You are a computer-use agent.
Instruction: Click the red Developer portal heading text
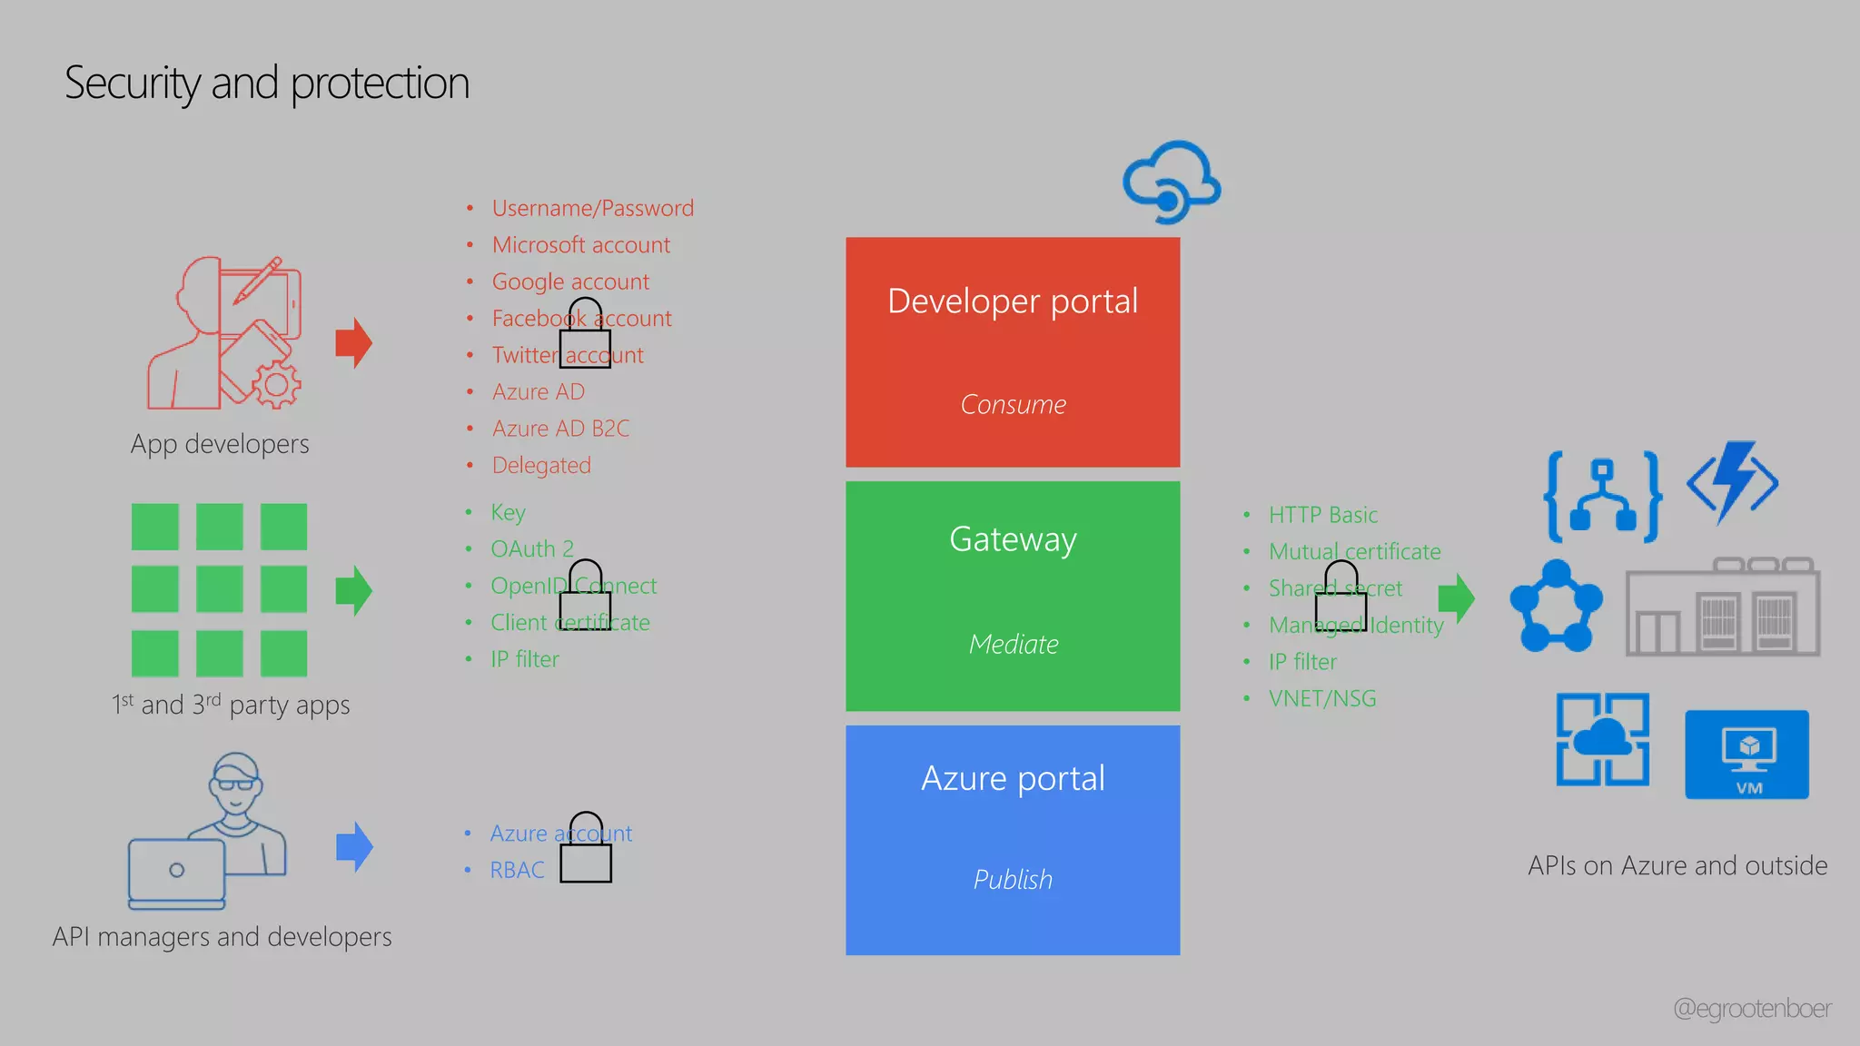pyautogui.click(x=1012, y=301)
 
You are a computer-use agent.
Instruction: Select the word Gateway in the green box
pyautogui.click(x=1013, y=539)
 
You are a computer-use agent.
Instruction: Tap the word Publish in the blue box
pyautogui.click(x=1013, y=879)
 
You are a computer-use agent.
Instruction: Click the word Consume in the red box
pyautogui.click(x=1013, y=404)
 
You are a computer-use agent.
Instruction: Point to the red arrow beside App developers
pyautogui.click(x=353, y=343)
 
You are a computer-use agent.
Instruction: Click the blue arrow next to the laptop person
pyautogui.click(x=354, y=846)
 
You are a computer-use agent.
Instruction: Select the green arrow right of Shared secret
pyautogui.click(x=1457, y=598)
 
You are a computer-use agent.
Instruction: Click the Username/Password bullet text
pyautogui.click(x=592, y=209)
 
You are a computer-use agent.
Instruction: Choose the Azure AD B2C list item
pyautogui.click(x=560, y=429)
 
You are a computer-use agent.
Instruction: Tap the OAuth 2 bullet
pyautogui.click(x=532, y=549)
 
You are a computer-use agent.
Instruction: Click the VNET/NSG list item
pyautogui.click(x=1322, y=698)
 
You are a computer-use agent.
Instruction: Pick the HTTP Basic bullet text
pyautogui.click(x=1322, y=515)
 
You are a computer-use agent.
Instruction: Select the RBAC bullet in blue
pyautogui.click(x=517, y=870)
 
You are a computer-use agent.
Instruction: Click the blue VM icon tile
pyautogui.click(x=1746, y=755)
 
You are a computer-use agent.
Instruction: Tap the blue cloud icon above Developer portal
pyautogui.click(x=1172, y=182)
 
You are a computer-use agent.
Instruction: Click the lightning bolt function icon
pyautogui.click(x=1733, y=482)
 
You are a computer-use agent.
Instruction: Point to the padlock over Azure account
pyautogui.click(x=586, y=848)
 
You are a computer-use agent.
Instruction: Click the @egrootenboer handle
pyautogui.click(x=1752, y=1009)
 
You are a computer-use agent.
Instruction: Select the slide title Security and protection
pyautogui.click(x=267, y=84)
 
